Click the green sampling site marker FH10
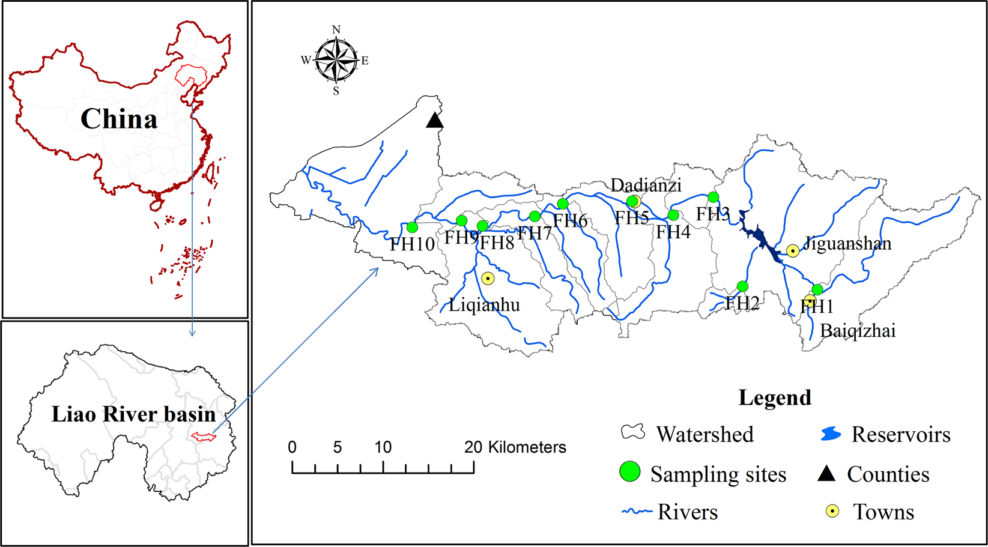point(412,228)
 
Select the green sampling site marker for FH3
point(713,197)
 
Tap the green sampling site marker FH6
point(563,204)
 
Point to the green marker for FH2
point(742,286)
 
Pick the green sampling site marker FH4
point(673,215)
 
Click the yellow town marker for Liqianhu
point(488,279)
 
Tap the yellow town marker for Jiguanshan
point(793,250)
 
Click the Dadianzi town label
point(646,185)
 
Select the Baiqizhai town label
point(858,330)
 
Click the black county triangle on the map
point(434,121)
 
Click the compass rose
point(336,60)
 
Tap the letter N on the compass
point(336,29)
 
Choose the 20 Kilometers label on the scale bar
point(515,447)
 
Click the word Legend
point(775,397)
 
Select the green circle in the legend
point(629,473)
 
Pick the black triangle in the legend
point(826,474)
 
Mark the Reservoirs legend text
point(901,434)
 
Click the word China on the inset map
point(119,119)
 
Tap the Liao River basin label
point(133,414)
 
